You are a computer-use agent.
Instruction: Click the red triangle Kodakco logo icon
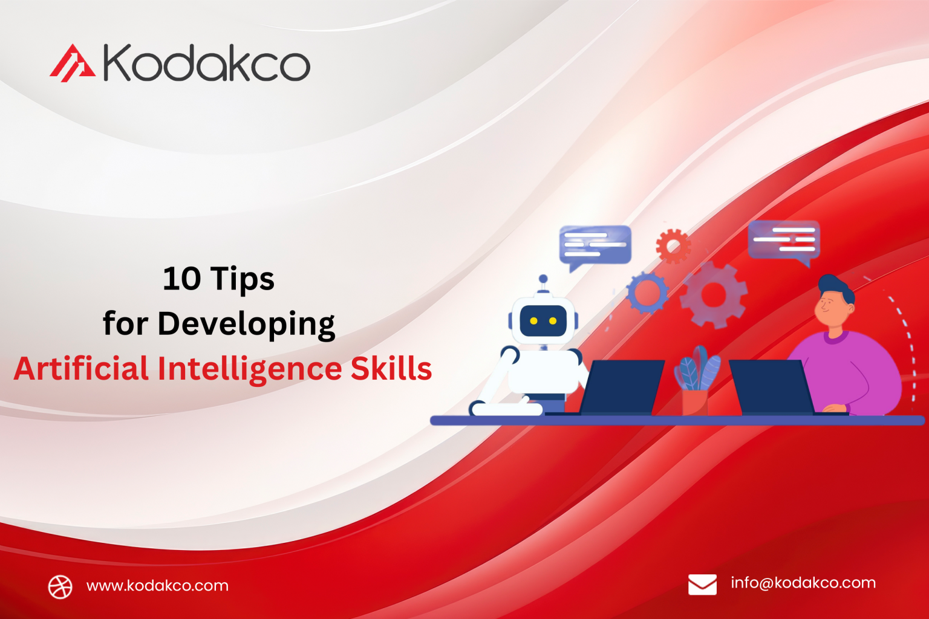pos(72,63)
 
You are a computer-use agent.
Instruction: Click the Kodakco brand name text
pos(206,63)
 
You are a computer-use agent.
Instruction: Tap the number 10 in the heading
pos(181,279)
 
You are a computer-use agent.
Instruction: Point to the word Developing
pos(246,325)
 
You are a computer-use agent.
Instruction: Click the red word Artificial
pos(81,369)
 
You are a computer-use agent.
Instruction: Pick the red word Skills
pos(391,369)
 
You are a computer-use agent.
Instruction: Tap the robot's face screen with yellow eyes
pos(543,320)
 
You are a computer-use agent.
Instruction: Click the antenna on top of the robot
pos(543,282)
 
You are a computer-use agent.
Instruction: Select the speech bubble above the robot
pos(595,245)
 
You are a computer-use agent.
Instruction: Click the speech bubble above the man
pos(784,240)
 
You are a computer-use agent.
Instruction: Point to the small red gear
pos(673,245)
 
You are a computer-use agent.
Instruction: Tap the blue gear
pos(647,293)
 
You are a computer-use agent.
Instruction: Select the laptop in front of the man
pos(771,387)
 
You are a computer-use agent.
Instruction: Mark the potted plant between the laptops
pos(697,381)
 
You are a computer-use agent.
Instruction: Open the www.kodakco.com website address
pos(157,586)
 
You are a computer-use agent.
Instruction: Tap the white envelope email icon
pos(702,585)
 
